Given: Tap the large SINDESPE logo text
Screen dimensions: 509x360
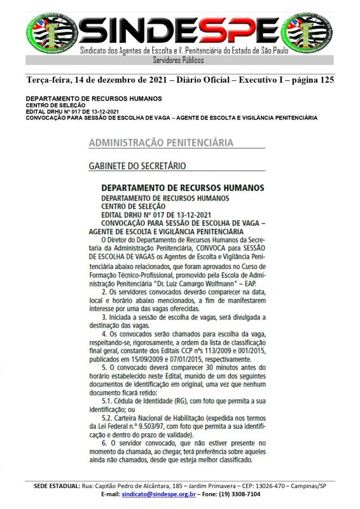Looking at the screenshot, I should [179, 29].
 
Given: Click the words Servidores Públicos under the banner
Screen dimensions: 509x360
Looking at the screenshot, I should [179, 60].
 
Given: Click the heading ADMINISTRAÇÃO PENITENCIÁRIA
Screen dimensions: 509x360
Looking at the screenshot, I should [160, 143].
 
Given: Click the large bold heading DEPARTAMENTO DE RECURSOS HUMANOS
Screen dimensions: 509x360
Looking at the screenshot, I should [182, 188].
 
